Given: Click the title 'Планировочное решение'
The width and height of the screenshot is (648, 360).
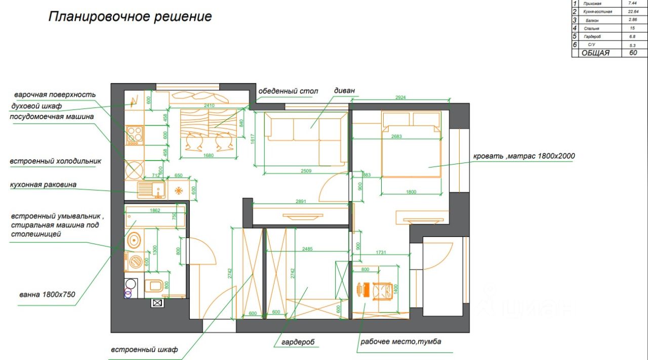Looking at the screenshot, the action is pos(130,17).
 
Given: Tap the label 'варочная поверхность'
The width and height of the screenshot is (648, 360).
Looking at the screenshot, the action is pos(55,95).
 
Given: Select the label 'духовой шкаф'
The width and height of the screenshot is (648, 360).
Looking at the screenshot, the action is pos(36,106).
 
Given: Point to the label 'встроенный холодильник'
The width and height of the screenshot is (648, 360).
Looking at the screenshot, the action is pos(56,162).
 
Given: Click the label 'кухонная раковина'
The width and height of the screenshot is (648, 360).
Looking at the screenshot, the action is pos(43,185).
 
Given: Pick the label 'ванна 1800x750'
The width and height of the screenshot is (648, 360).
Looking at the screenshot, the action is pos(47,294).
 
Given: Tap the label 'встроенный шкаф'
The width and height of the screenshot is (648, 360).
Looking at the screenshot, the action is pos(144,349).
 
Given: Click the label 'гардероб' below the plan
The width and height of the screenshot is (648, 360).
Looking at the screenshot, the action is pos(295,342).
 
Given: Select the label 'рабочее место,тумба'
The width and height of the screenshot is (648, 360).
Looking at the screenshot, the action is pos(400,342).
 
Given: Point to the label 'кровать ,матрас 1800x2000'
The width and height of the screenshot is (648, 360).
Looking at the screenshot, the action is pos(524,156).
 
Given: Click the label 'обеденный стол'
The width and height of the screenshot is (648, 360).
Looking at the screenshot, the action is pos(288,91).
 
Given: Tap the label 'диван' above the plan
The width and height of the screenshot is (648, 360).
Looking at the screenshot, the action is pos(344,91).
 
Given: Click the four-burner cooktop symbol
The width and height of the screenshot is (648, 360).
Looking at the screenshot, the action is pos(135,135).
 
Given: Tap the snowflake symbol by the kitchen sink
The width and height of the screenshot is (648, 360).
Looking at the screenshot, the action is pos(179,190).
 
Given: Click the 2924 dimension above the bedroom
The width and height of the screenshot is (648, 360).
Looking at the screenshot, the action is pos(400,97).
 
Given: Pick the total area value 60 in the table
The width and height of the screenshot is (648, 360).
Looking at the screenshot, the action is pos(633,53).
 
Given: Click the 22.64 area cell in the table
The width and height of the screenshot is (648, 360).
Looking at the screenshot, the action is pos(632,11).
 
